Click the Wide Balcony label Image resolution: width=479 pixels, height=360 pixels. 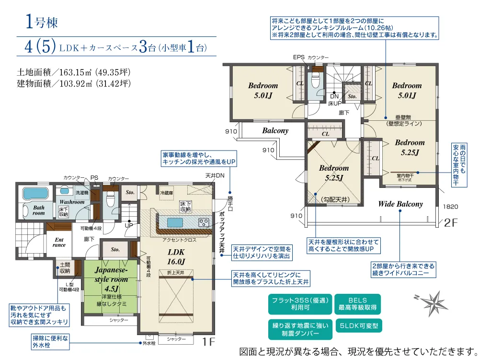coord(400,204)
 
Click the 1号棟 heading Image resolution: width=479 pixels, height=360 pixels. coord(42,22)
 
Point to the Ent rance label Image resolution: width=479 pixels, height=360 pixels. coord(59,242)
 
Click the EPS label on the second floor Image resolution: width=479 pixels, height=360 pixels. coord(299,57)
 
